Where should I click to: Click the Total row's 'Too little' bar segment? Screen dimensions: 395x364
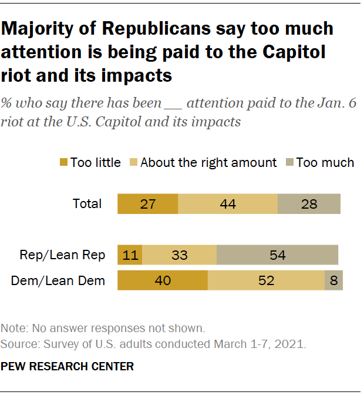pos(147,204)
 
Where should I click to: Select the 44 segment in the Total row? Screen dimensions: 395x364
pos(227,204)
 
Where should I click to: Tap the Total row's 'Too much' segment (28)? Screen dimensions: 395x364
pos(309,204)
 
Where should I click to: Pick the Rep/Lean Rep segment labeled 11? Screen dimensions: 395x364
pos(130,255)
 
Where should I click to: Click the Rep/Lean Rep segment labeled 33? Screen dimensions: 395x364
pos(179,255)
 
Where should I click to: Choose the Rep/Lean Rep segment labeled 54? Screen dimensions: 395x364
pos(278,255)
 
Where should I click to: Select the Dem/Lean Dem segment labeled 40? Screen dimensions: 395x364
pos(163,280)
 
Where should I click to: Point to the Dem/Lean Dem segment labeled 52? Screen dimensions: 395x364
pos(266,280)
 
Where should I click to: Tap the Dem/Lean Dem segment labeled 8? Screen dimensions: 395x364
pos(333,280)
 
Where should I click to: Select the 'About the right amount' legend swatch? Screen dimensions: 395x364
pos(133,162)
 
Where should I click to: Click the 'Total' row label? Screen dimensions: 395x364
pos(87,204)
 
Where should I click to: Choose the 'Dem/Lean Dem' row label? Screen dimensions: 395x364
pos(58,280)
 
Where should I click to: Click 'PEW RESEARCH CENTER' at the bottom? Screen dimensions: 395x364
pos(68,366)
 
